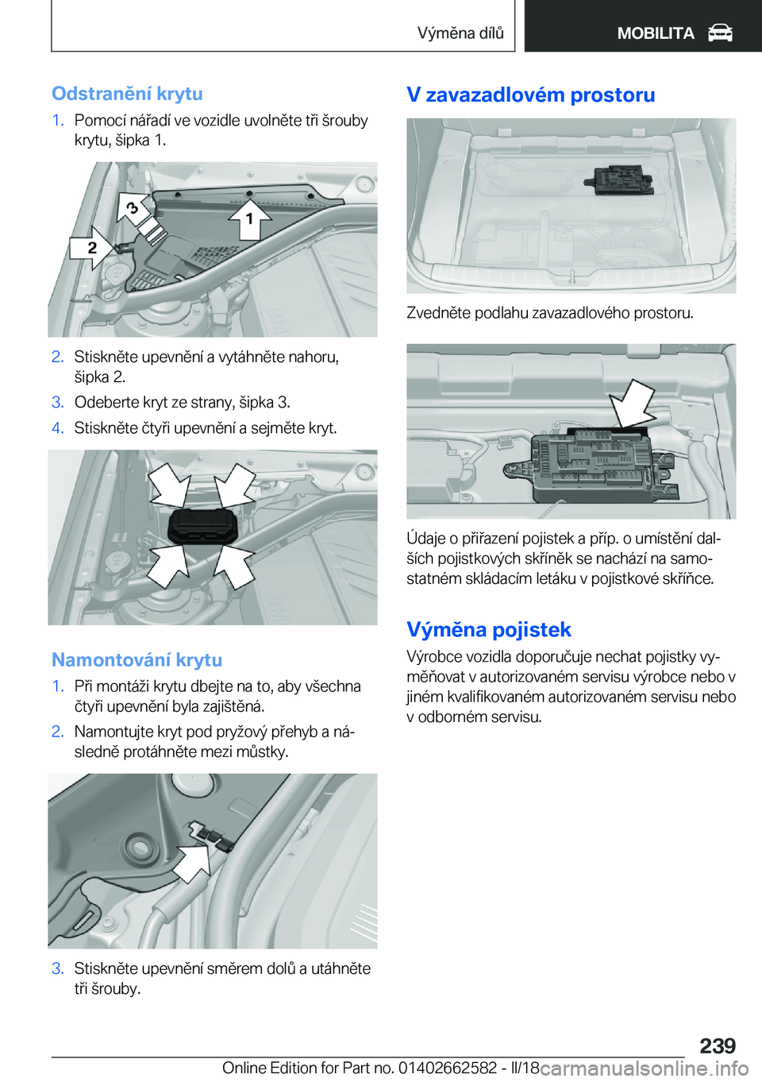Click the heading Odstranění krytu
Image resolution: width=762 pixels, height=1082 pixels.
click(x=127, y=94)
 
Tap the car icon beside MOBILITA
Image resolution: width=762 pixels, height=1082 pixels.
click(x=720, y=33)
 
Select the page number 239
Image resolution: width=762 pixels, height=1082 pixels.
click(x=718, y=1045)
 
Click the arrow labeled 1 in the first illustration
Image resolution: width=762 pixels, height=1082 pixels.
click(x=250, y=218)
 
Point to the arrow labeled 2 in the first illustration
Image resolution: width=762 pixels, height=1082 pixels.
click(x=92, y=248)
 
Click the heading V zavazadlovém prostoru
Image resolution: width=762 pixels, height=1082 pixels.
click(x=530, y=95)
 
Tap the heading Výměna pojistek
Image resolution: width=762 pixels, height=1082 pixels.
click(x=488, y=629)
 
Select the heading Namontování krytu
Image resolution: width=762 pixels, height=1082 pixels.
click(x=137, y=659)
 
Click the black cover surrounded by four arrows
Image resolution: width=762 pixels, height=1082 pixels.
click(x=203, y=526)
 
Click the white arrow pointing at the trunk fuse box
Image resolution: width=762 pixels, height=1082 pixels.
click(x=633, y=404)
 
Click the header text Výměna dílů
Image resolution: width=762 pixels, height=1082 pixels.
click(x=460, y=33)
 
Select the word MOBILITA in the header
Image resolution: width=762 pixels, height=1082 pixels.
click(x=656, y=33)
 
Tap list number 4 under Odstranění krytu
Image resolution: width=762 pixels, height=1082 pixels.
click(x=57, y=428)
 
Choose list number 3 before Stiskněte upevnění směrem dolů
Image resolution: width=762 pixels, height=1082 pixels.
click(x=57, y=968)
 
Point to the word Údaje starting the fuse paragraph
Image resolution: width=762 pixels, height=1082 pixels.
click(x=426, y=539)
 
